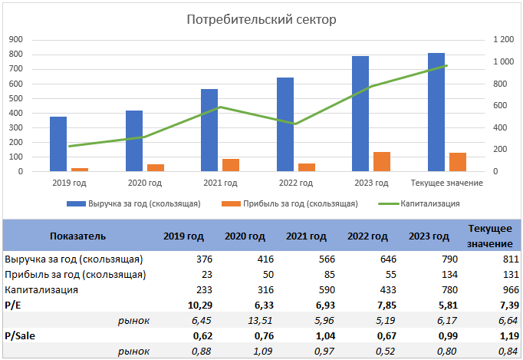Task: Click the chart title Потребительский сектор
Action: coord(261,19)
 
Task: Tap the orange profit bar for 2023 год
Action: coord(382,161)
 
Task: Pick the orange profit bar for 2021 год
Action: coord(231,164)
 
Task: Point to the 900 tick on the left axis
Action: coord(15,39)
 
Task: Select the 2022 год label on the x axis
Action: coord(294,183)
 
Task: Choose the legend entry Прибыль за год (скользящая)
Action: coord(300,203)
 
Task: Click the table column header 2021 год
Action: coord(306,236)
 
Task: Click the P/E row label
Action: coord(13,306)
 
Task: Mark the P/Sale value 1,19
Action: coord(498,335)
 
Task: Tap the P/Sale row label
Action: coord(20,335)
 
